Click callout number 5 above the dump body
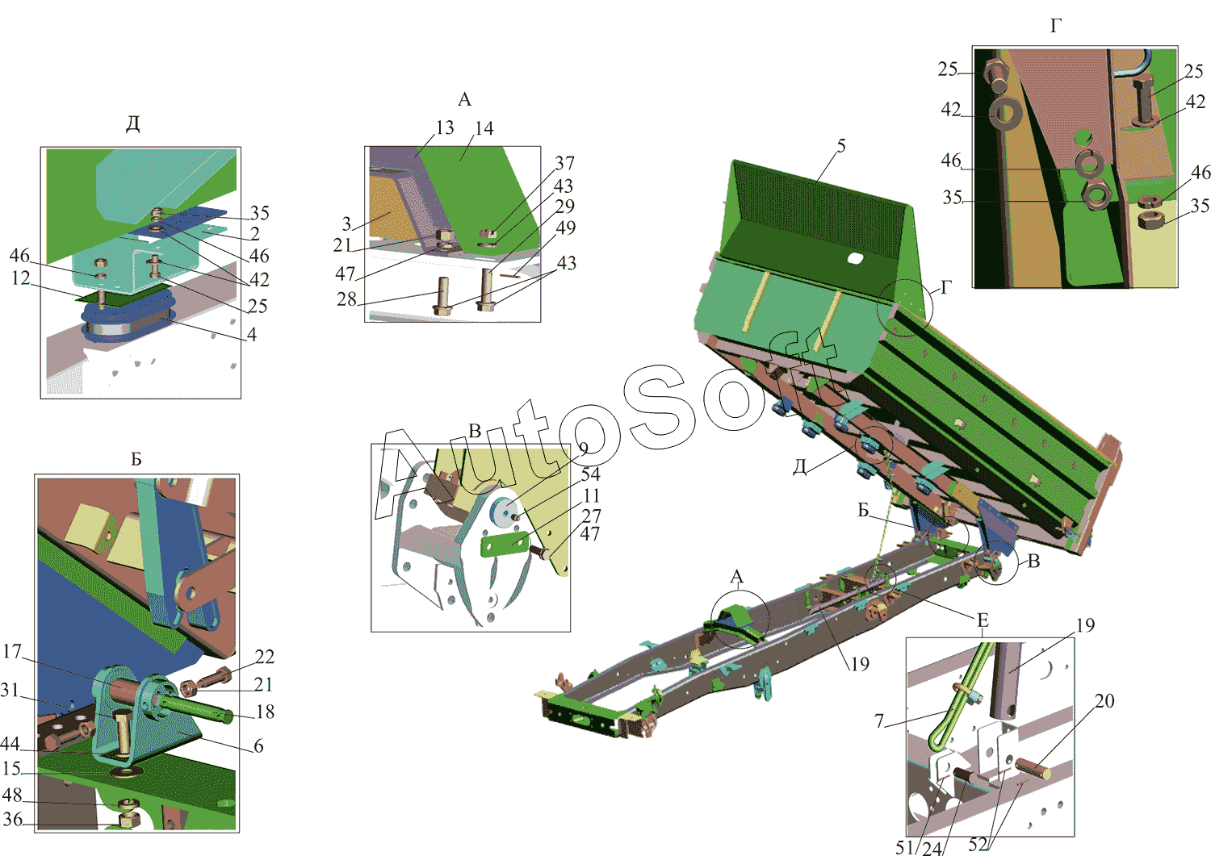point(841,146)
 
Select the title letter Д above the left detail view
point(133,124)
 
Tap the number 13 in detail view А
point(444,127)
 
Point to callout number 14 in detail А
point(484,128)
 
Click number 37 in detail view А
point(565,163)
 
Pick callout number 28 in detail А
point(346,299)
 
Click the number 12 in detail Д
point(20,278)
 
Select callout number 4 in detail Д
point(251,335)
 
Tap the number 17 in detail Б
point(12,651)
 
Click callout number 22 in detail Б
point(264,657)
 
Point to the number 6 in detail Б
point(258,745)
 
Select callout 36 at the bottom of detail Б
point(13,819)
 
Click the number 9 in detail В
point(583,449)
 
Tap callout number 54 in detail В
point(590,474)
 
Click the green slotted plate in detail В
point(505,544)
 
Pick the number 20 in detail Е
point(1104,701)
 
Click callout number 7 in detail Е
point(879,720)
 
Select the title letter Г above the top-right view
point(1056,25)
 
